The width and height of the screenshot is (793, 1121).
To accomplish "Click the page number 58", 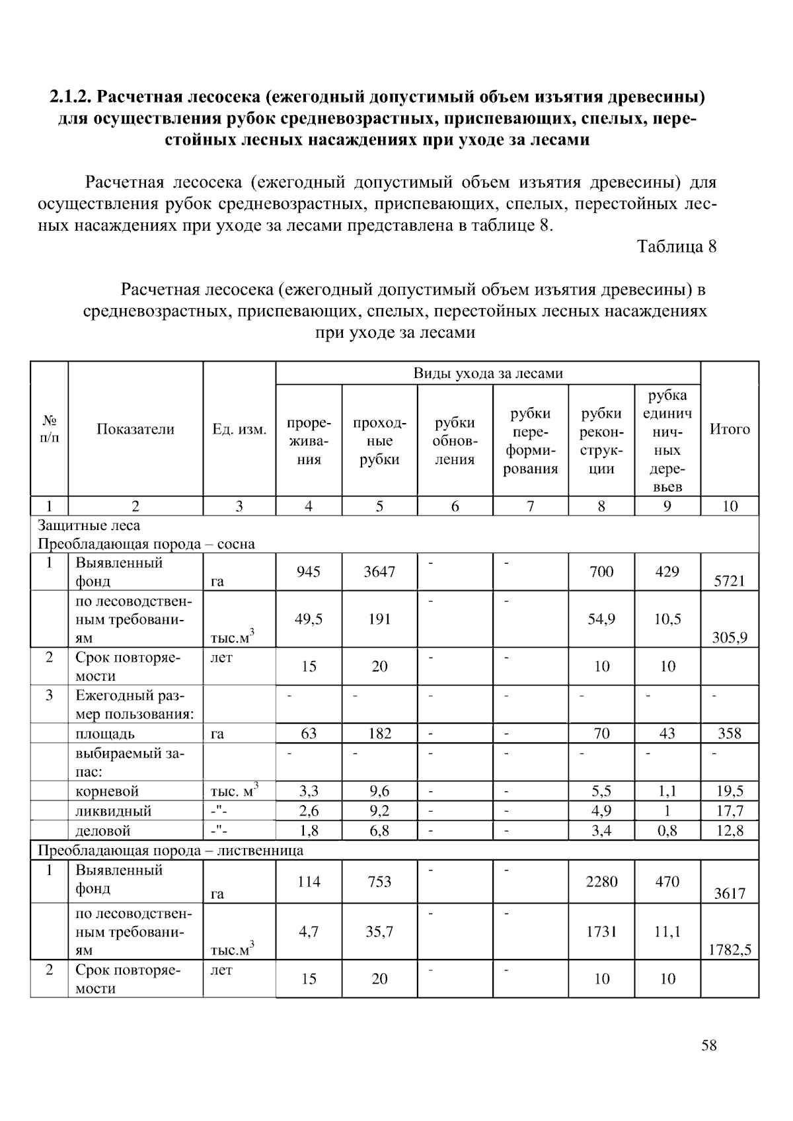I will click(708, 1046).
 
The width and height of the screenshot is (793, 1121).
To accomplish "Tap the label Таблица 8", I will click(676, 247).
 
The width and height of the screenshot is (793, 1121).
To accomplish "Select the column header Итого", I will click(730, 429).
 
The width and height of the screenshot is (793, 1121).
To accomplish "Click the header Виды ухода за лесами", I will click(488, 373).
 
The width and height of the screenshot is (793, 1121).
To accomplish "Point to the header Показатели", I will click(135, 429).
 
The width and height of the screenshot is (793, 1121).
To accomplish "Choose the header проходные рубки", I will click(379, 441).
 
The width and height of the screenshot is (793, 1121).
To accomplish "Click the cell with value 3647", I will click(379, 572).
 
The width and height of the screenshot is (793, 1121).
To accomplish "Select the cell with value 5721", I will click(730, 581).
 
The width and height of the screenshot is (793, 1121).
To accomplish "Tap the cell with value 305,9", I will click(730, 638).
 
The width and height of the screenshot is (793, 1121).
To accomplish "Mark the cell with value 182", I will click(379, 733).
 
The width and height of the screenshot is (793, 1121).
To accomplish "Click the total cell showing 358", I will click(730, 733).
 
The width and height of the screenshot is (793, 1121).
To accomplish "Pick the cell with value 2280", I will click(601, 881).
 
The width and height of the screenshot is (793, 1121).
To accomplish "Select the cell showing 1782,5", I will click(730, 950).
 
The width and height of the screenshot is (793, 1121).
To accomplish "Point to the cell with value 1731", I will click(601, 931).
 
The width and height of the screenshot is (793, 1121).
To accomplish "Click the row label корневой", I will click(107, 791).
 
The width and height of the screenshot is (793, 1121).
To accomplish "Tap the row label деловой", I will click(103, 831).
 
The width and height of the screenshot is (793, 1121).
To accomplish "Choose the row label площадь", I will click(105, 734).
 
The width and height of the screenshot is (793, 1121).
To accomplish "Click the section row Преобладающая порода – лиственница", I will click(170, 850).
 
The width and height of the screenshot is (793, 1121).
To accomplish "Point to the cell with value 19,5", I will click(730, 791).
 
